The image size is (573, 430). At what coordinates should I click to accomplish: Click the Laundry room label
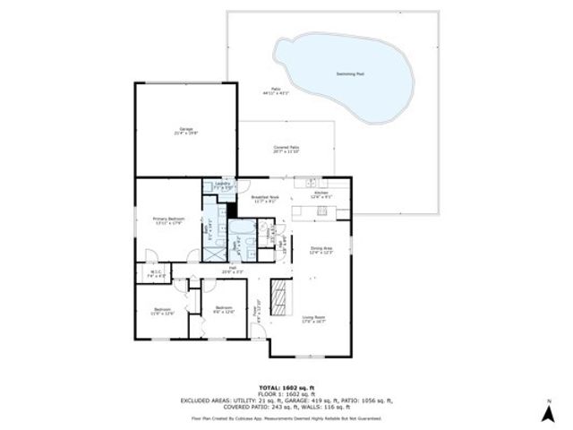[224, 185]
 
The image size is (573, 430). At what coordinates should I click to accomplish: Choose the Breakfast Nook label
[266, 199]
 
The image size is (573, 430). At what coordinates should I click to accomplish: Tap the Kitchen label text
[321, 194]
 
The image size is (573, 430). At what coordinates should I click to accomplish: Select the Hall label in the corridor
[231, 269]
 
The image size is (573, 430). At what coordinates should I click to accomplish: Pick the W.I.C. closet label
[155, 274]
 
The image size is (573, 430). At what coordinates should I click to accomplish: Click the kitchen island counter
[317, 211]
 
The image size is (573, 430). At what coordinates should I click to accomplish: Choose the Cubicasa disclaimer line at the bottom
[286, 418]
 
